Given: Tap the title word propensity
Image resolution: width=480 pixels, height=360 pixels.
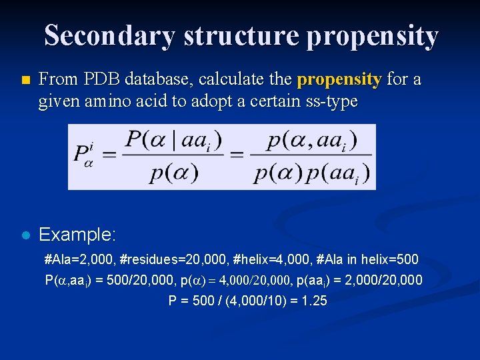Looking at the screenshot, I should coord(371,35).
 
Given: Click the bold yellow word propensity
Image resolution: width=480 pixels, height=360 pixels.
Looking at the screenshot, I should coord(339,80).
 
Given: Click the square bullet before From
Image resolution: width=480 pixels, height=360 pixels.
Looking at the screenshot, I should coord(25,81).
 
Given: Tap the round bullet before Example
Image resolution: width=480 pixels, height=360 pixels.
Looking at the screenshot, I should coord(25,235).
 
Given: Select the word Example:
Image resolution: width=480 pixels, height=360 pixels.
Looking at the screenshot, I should coord(78,235).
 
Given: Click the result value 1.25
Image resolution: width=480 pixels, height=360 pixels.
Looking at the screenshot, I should coord(313,301).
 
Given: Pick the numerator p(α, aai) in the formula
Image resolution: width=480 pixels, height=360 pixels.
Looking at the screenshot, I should coord(311,141).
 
